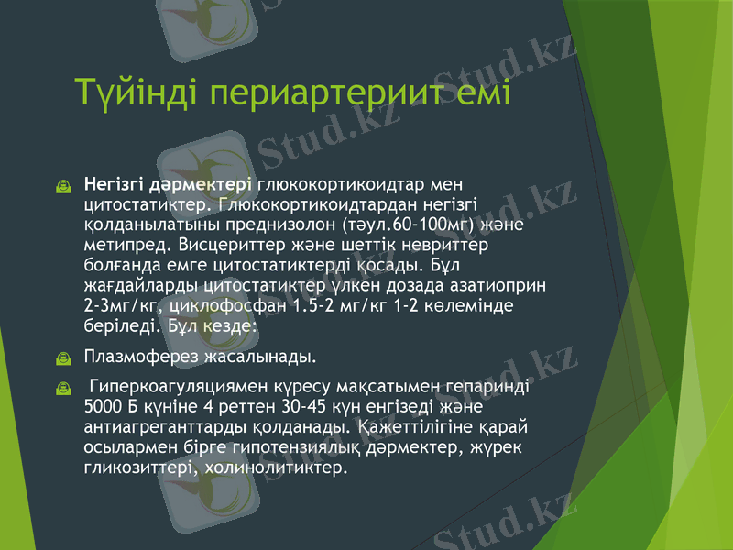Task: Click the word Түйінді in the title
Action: pos(137,93)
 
